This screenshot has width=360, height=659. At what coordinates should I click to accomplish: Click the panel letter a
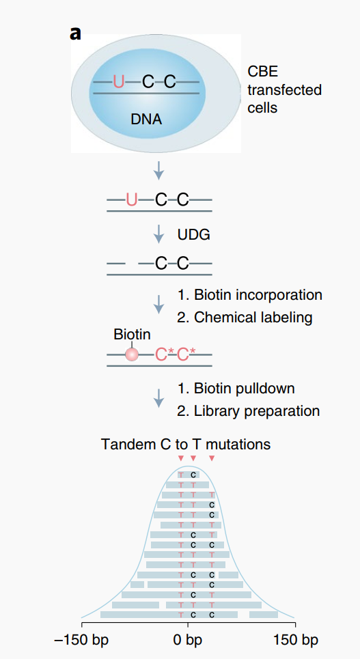click(75, 33)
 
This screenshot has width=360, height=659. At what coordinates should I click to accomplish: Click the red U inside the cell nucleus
click(119, 81)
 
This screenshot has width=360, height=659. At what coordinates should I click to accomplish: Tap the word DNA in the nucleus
click(146, 120)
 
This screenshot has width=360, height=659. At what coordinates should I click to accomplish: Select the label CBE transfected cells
click(284, 89)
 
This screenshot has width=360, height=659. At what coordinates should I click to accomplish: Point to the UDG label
click(194, 235)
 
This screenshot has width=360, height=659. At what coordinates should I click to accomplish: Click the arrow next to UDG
click(158, 234)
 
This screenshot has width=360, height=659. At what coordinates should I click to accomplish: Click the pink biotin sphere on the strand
click(132, 354)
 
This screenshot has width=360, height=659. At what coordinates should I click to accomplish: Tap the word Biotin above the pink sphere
click(132, 335)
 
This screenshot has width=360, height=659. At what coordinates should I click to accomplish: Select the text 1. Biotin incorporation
click(250, 294)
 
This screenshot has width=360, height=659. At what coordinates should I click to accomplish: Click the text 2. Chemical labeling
click(245, 318)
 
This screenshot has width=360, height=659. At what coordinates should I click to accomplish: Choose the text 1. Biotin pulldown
click(236, 388)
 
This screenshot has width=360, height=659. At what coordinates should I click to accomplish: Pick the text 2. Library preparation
click(249, 410)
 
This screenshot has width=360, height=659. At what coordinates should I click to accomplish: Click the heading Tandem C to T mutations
click(186, 444)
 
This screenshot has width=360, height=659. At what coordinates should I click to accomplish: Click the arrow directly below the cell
click(158, 170)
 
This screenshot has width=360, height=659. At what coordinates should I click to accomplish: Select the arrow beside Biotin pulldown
click(158, 397)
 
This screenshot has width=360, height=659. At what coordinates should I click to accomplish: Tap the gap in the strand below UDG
click(132, 264)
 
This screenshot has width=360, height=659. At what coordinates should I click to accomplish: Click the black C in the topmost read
click(193, 475)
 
